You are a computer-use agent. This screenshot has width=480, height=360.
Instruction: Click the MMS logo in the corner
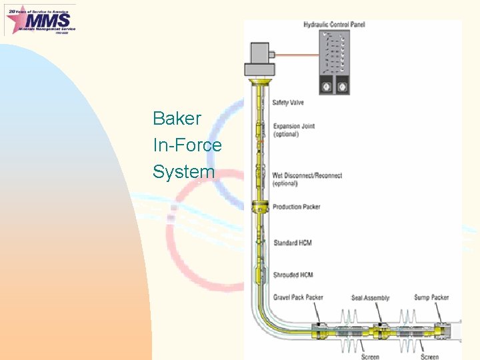point(40,19)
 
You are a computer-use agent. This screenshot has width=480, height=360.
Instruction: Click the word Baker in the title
point(177,119)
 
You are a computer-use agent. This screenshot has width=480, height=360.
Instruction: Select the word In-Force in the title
point(187,145)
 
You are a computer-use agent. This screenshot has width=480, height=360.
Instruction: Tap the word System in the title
point(183,171)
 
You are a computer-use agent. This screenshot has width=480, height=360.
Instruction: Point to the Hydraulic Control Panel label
point(334,25)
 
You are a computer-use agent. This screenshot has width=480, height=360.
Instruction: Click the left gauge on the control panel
point(328,87)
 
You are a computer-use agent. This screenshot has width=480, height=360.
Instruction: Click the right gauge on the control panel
point(343,87)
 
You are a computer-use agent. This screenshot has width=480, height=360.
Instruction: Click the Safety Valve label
point(288,103)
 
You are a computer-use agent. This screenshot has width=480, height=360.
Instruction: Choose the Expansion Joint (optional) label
point(293,130)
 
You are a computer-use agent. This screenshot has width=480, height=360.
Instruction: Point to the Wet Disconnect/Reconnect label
point(307,179)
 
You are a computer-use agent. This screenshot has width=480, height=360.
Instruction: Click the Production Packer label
point(296,207)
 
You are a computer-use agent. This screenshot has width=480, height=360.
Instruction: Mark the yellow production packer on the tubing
point(257,207)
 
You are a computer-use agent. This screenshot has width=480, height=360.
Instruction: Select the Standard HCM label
point(292,243)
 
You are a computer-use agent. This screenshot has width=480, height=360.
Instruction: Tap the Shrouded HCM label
point(293,275)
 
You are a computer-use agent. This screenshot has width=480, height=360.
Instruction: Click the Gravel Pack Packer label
point(297,297)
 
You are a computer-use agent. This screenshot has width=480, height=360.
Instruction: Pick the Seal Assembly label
point(370,297)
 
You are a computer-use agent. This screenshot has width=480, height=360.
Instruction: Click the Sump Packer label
point(431,297)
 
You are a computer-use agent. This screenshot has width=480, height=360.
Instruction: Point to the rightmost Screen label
point(429,356)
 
